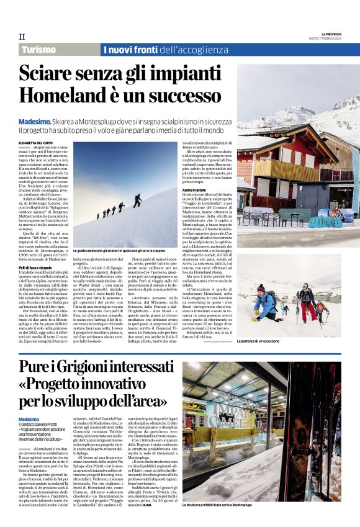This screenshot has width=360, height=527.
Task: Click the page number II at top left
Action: tap(22, 37)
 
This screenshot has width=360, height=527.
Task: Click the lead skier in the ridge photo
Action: tap(137, 200)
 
